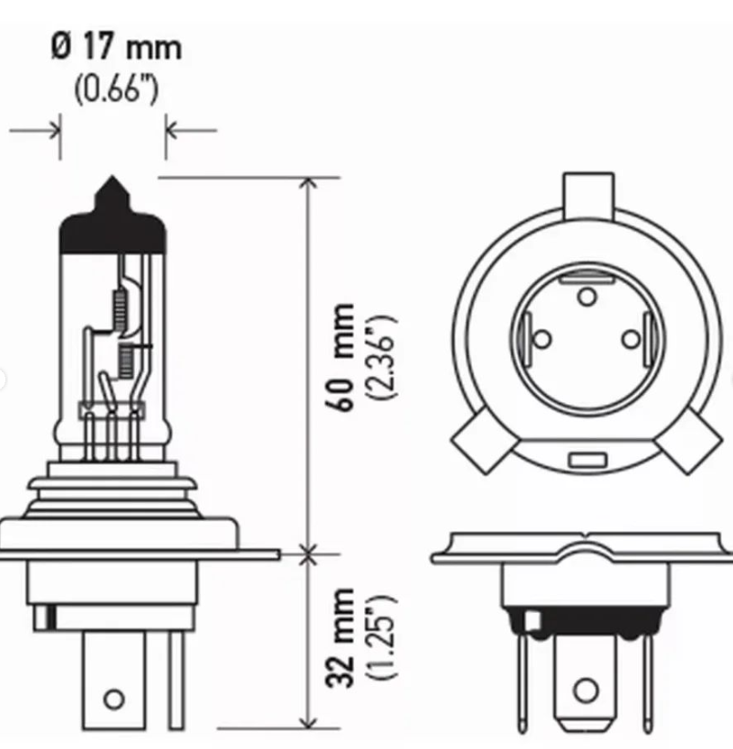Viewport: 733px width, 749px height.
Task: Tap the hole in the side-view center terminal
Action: point(113,699)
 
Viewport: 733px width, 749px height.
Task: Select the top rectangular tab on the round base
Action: point(588,193)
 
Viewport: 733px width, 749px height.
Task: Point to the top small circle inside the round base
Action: point(587,295)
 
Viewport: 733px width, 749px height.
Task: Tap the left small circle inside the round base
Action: point(541,340)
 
